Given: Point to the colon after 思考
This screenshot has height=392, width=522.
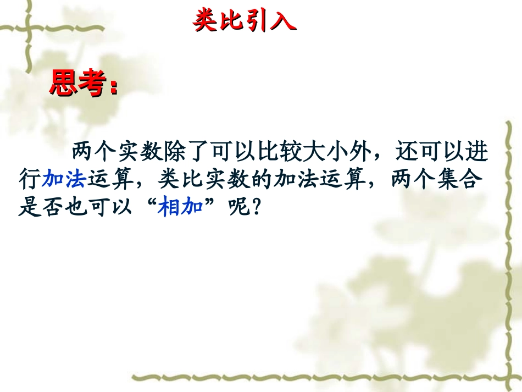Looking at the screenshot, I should pyautogui.click(x=114, y=88).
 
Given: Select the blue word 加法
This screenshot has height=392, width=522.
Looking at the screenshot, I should pyautogui.click(x=63, y=179).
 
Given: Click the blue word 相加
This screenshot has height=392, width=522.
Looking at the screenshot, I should pyautogui.click(x=180, y=208).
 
